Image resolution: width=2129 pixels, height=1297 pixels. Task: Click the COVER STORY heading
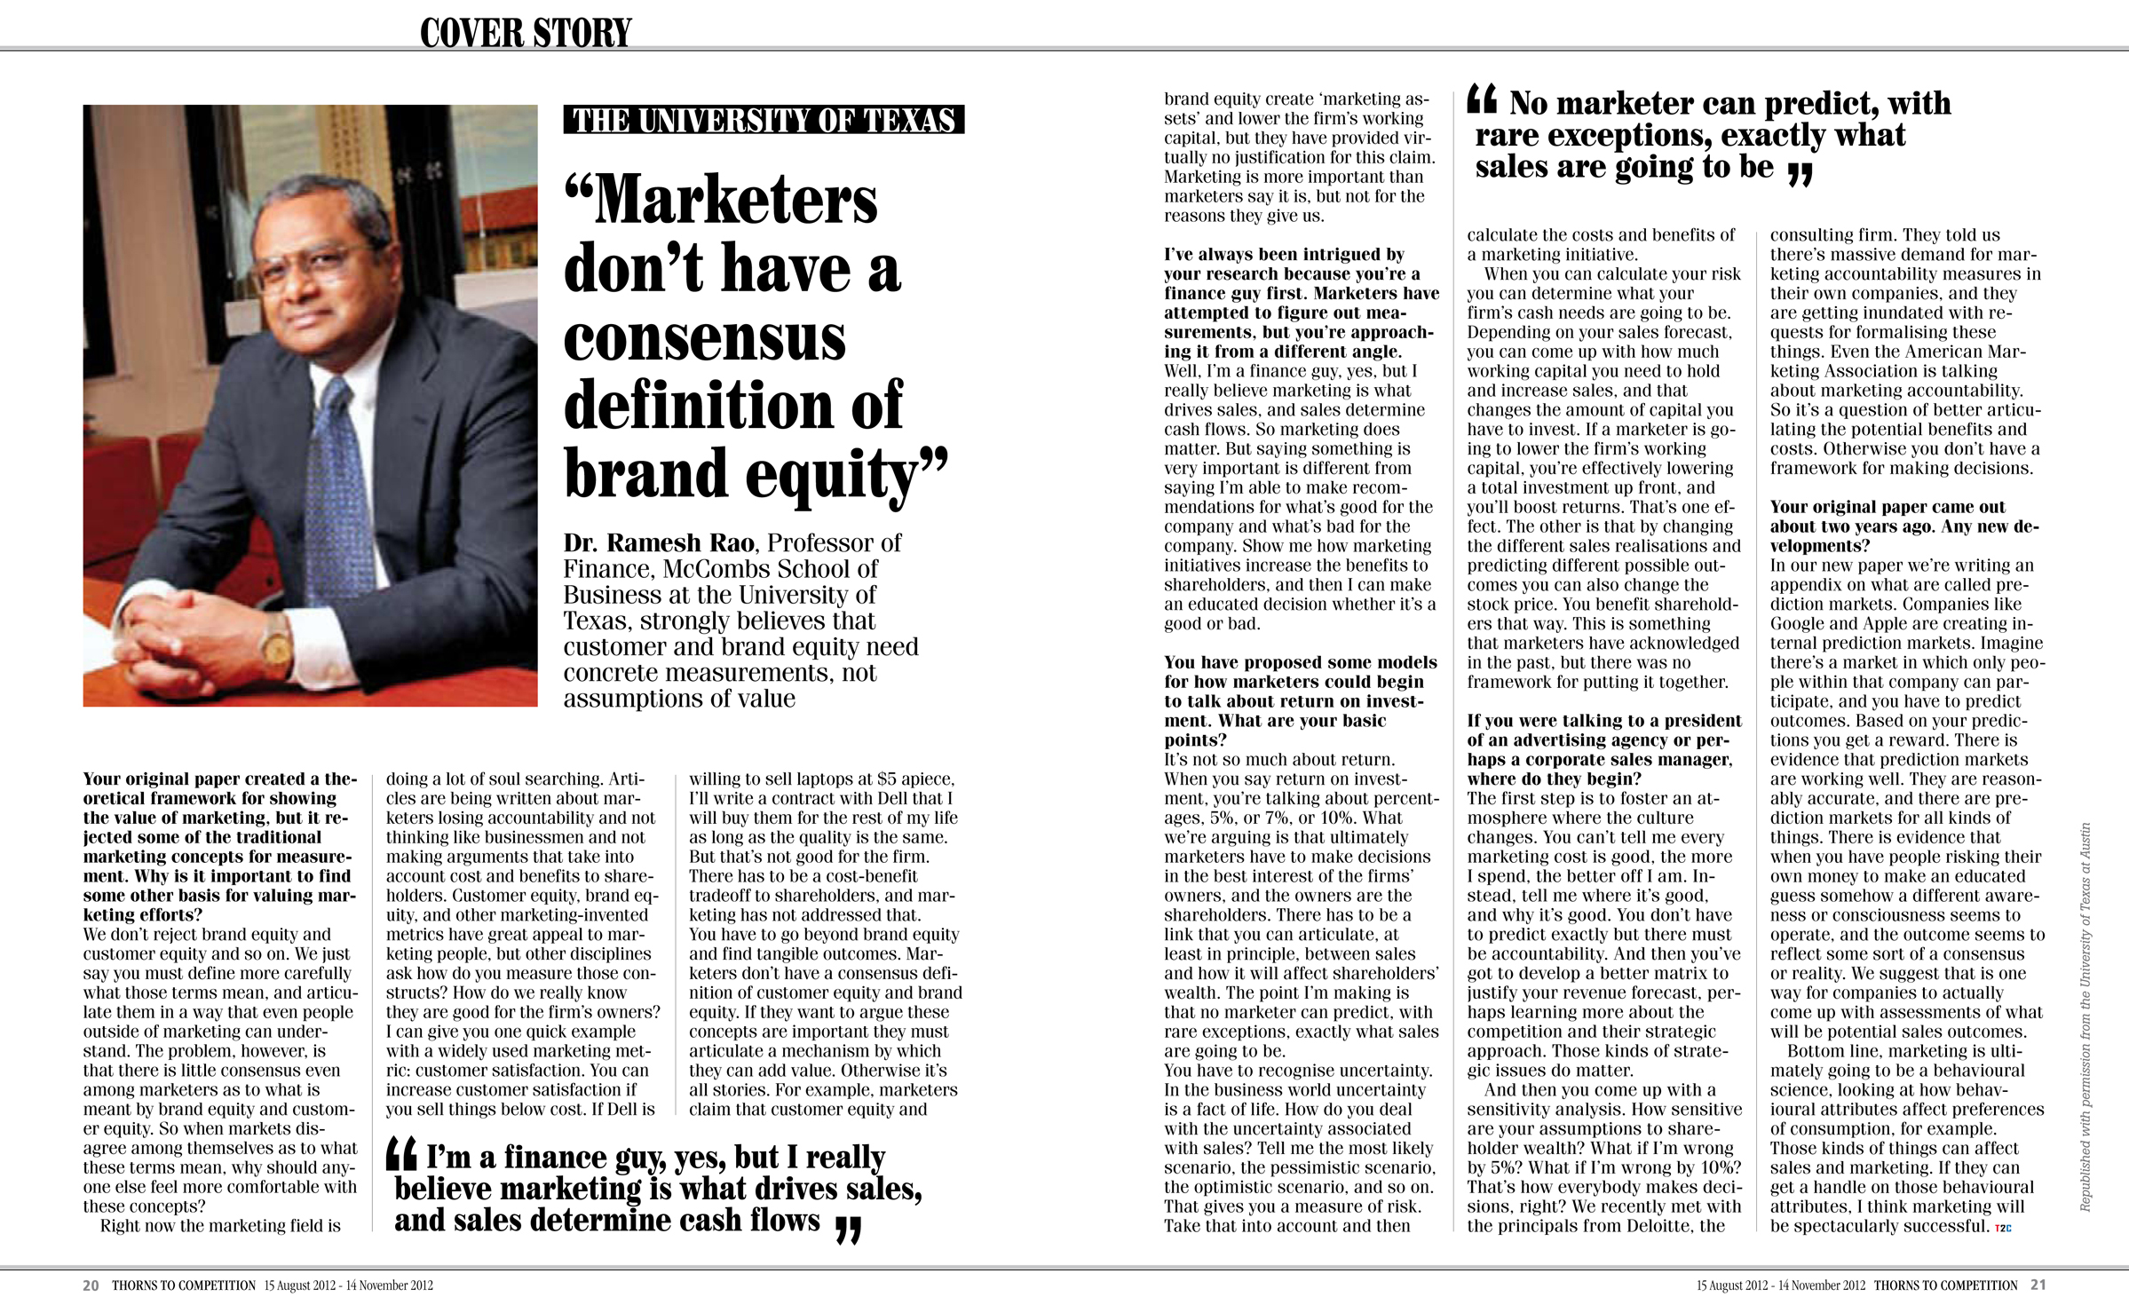525,33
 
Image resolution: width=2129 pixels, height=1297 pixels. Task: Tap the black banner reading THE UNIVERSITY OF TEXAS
764,120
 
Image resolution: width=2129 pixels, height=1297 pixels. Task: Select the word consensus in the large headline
704,338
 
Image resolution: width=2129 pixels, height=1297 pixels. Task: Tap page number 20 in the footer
91,1285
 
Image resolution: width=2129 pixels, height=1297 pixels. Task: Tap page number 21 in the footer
2038,1285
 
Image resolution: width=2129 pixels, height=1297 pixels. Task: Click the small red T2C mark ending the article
2003,1228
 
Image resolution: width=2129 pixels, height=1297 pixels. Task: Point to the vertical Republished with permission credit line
2085,1017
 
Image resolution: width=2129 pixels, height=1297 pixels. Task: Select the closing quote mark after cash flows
849,1230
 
